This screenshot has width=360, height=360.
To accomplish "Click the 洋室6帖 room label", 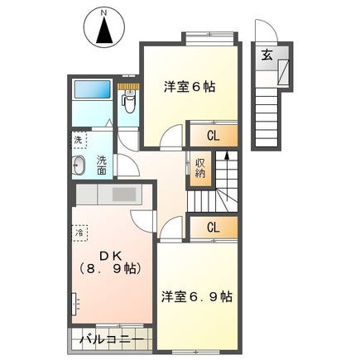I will click(x=189, y=85).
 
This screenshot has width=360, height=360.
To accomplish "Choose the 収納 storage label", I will click(x=201, y=167).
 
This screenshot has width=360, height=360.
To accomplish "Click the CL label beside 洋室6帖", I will click(x=213, y=136).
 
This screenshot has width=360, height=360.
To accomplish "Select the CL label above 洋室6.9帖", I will click(x=213, y=227).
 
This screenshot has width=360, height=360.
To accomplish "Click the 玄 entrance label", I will click(x=268, y=55).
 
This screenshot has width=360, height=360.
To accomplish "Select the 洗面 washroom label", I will click(x=101, y=164).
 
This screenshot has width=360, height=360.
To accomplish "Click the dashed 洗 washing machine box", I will click(x=79, y=141).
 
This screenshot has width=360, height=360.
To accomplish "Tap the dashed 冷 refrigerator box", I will click(x=80, y=233).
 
